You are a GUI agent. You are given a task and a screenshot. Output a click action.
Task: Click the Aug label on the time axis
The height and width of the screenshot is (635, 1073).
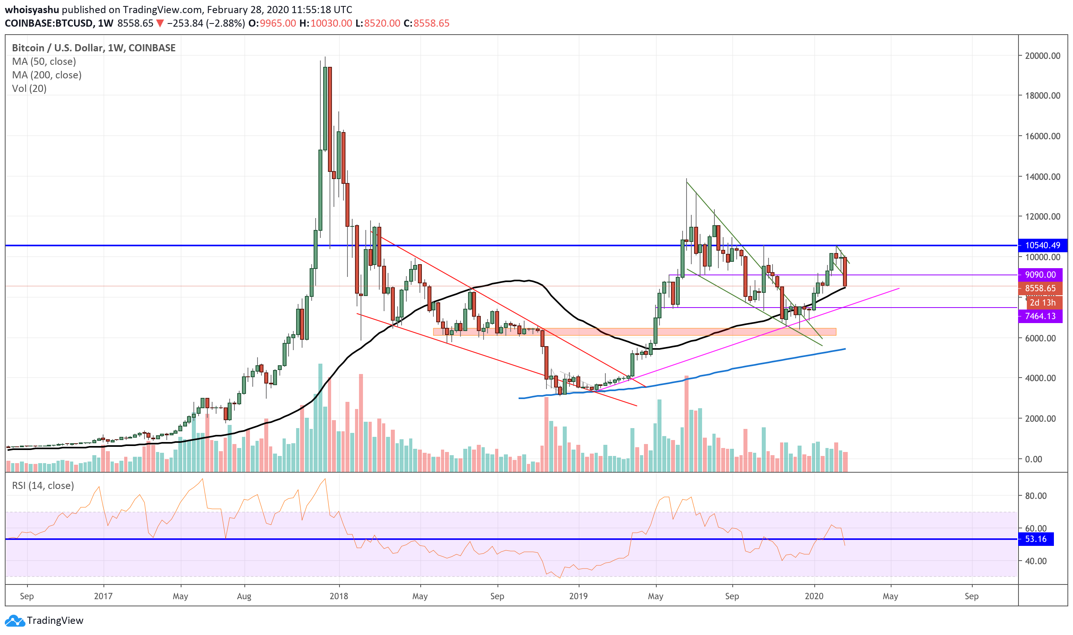coord(244,596)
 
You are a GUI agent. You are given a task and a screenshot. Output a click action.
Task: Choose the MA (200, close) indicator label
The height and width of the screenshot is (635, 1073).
coord(47,75)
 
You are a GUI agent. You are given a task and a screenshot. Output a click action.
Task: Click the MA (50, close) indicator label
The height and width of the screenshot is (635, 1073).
coord(44,61)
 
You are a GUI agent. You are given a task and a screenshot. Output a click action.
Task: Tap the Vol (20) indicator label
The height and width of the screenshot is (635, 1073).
coord(29,89)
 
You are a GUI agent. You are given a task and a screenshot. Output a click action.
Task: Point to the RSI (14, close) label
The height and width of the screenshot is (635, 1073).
coord(43,485)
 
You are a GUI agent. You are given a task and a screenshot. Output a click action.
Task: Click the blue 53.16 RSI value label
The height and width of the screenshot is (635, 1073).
coord(1035,539)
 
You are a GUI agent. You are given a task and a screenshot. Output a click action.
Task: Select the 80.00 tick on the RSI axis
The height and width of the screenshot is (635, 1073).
coord(1036,495)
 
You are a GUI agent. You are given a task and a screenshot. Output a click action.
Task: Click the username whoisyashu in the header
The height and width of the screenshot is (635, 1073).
coord(32,10)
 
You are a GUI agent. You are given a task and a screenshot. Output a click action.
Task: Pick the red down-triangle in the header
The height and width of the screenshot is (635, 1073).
coord(160,23)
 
